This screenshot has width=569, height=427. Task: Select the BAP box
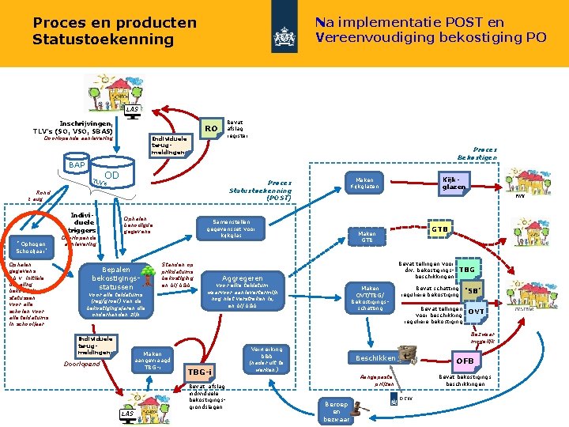[x=77, y=164]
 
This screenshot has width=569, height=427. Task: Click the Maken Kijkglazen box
[x=365, y=183]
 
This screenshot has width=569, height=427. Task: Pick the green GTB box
[x=440, y=229]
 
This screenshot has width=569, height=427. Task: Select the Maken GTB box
[x=367, y=237]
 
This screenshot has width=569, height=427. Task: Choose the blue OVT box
[x=476, y=312]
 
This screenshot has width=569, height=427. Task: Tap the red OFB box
[x=465, y=361]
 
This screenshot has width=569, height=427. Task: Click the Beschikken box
[x=377, y=358]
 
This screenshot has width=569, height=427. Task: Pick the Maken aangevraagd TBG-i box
[x=153, y=360]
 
